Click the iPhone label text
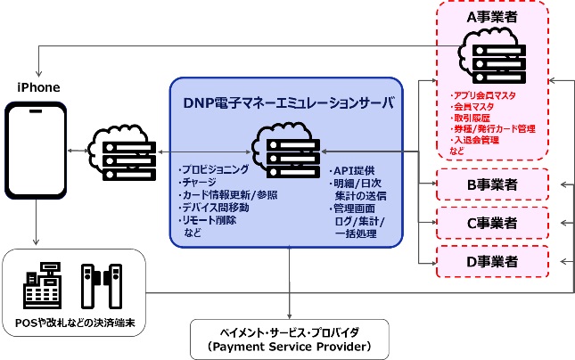click(x=38, y=86)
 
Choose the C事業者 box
click(x=493, y=223)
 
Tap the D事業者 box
click(x=493, y=261)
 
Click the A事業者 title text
click(x=494, y=15)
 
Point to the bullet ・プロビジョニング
click(x=215, y=169)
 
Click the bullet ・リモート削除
click(x=209, y=219)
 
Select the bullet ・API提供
click(x=351, y=169)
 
